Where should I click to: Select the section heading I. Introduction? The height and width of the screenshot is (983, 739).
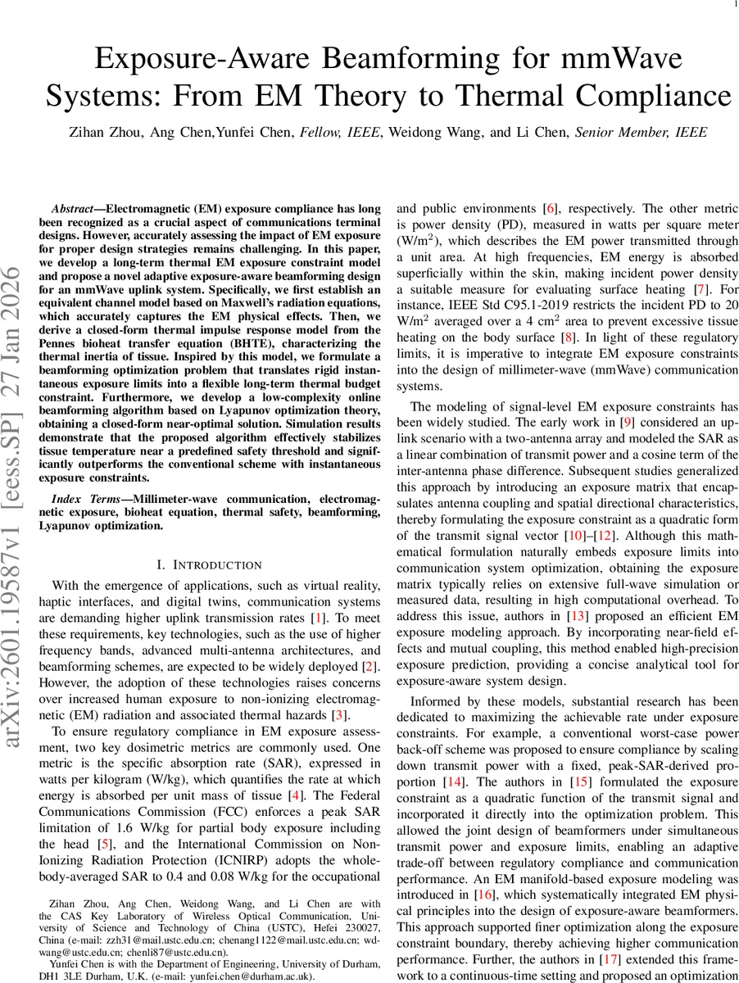click(x=209, y=564)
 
